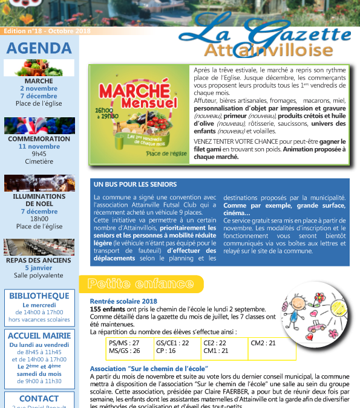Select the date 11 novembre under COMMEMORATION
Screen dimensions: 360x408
click(x=39, y=146)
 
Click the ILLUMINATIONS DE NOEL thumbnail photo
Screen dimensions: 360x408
click(x=39, y=183)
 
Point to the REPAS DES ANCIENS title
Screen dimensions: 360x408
click(x=39, y=261)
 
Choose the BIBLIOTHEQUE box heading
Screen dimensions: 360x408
click(x=40, y=296)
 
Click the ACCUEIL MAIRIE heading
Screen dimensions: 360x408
click(x=40, y=335)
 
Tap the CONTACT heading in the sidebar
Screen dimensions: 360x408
click(x=39, y=398)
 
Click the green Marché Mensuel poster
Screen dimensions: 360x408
click(x=136, y=114)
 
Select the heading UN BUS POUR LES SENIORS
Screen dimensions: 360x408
click(x=136, y=184)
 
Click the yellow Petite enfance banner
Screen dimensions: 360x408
click(x=140, y=283)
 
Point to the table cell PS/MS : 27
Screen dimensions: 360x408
click(x=124, y=343)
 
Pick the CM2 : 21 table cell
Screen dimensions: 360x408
click(x=264, y=343)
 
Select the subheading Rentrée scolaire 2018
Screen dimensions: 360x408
click(x=123, y=301)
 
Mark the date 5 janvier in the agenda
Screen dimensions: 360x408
click(x=39, y=268)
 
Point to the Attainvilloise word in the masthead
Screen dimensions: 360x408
click(x=268, y=50)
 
